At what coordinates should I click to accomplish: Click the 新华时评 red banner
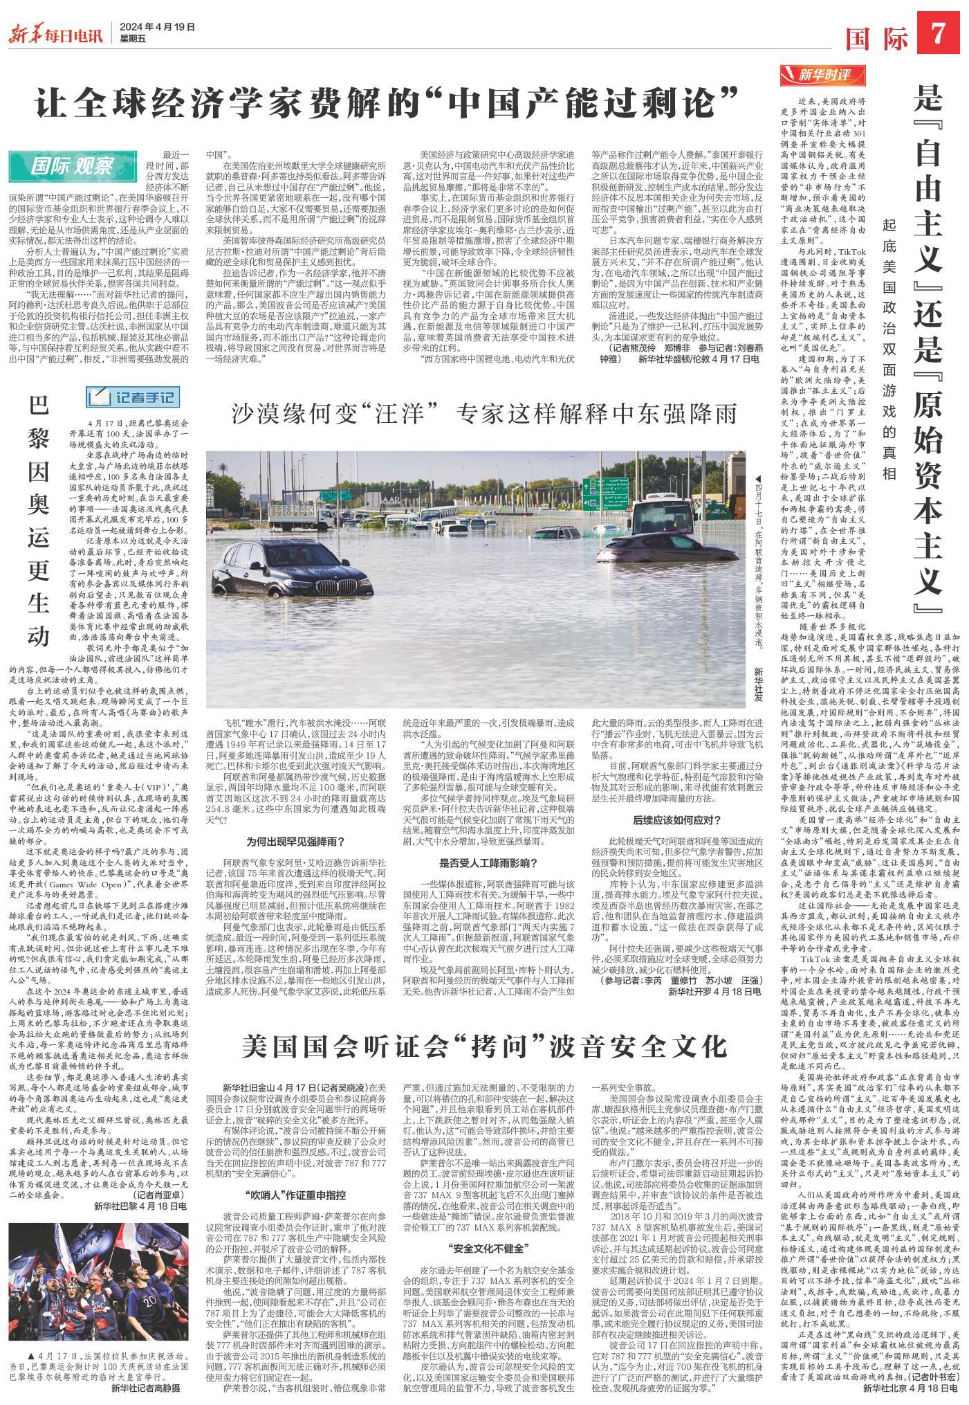pyautogui.click(x=824, y=74)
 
